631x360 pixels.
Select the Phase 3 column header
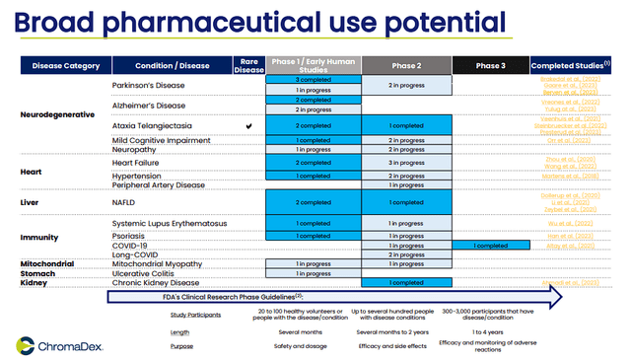tap(490, 66)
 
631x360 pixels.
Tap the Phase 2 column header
tap(406, 66)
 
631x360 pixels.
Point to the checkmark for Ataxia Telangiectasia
tap(248, 126)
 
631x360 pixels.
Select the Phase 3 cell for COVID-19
tap(490, 245)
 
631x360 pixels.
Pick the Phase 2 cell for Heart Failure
tap(406, 163)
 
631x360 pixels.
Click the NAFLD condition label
tap(125, 201)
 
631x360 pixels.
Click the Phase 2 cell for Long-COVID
tap(406, 254)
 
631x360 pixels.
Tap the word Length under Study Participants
tap(180, 331)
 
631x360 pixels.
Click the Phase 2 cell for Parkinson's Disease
tap(406, 86)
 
